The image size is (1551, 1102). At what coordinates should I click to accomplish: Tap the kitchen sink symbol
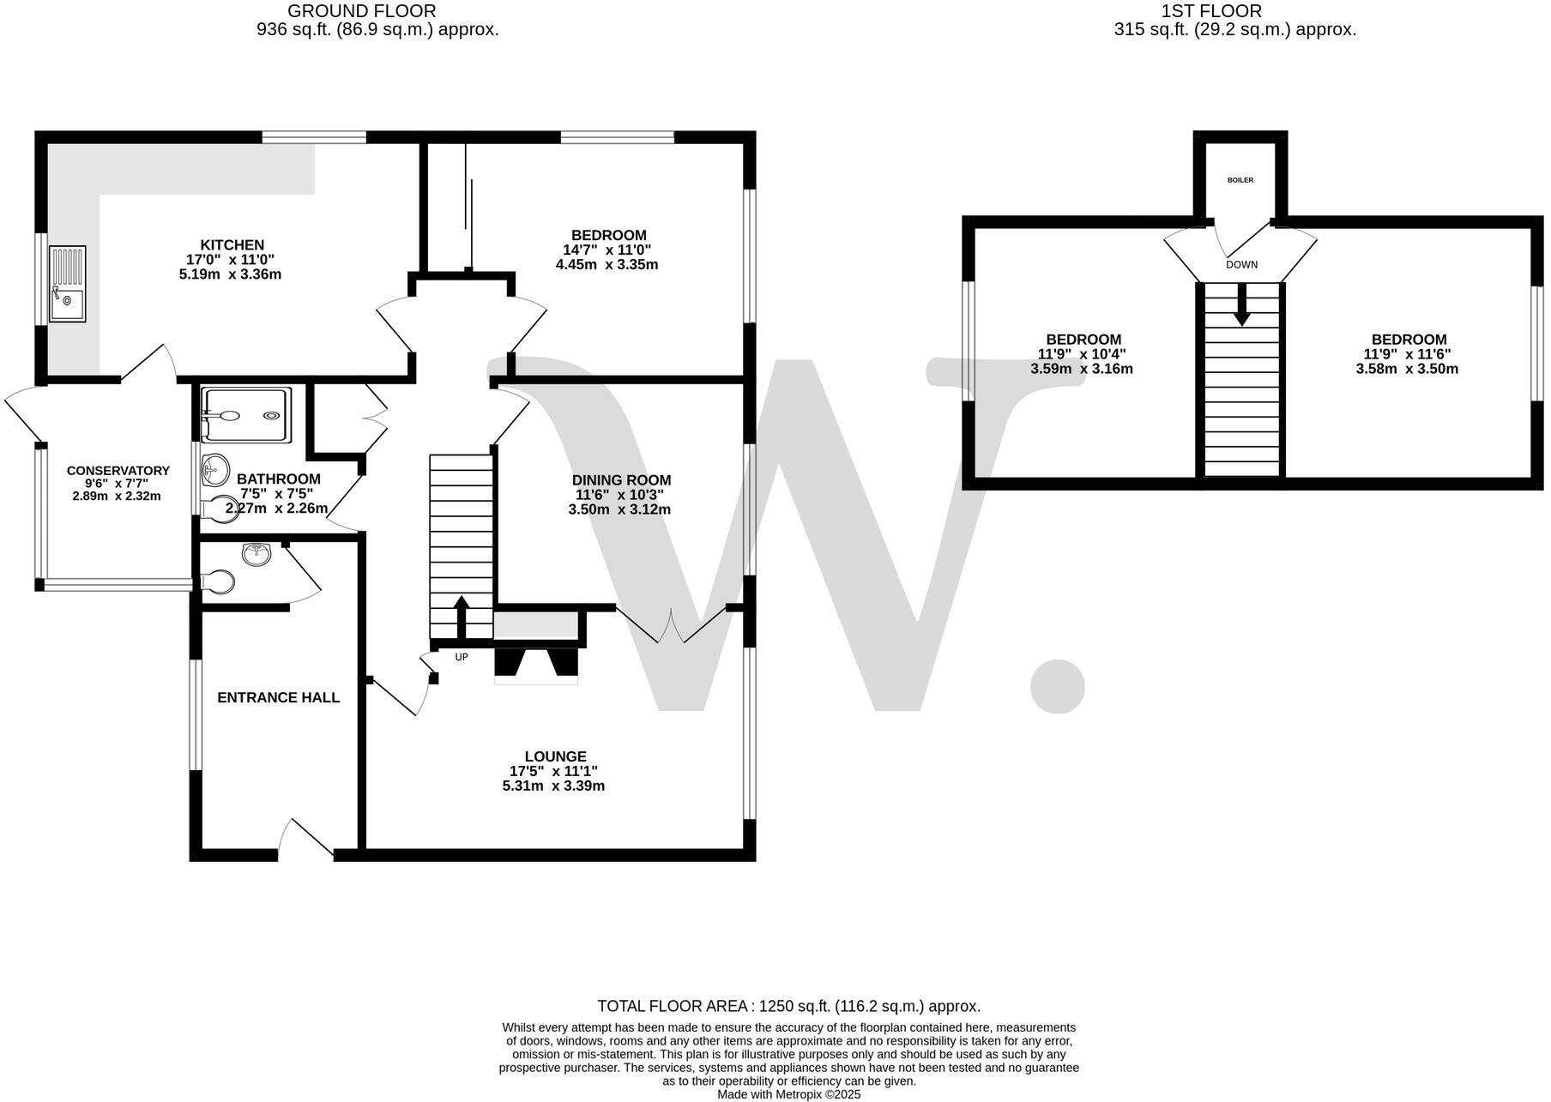67,282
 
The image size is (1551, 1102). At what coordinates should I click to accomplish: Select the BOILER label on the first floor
1240,180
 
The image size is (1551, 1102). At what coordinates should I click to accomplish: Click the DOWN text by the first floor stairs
1241,264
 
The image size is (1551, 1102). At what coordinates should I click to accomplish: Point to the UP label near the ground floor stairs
462,657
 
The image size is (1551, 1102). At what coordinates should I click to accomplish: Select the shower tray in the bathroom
246,415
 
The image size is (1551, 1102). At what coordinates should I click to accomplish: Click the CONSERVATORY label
118,470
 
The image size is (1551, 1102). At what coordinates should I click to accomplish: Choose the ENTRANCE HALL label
278,697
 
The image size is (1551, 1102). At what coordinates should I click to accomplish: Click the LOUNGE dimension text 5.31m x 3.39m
553,786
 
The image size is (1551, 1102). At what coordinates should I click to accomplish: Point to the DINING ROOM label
621,479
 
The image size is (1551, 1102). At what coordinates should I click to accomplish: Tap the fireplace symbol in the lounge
536,665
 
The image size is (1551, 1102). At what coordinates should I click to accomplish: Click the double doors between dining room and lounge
672,626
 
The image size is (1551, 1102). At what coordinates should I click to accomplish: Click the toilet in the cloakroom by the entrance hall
219,582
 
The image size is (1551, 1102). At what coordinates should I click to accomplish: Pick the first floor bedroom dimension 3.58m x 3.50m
1407,369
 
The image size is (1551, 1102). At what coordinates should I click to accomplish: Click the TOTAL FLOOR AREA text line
788,1006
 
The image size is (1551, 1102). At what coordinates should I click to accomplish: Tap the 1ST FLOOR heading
1210,11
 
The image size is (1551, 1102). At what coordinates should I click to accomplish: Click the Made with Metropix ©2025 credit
788,1094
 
